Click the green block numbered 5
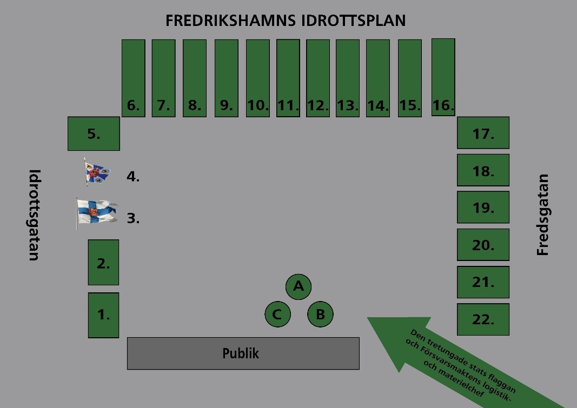[x=94, y=133]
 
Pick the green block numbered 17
[x=483, y=132]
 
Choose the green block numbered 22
[x=483, y=319]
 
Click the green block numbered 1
[x=103, y=315]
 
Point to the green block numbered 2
[x=103, y=262]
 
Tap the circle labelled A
[x=299, y=286]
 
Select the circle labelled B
[x=320, y=315]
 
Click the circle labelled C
[x=277, y=315]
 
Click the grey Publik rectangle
[x=243, y=353]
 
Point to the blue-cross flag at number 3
[x=96, y=213]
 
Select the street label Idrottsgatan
[x=34, y=215]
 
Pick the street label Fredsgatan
[x=543, y=215]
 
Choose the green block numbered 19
[x=483, y=207]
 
